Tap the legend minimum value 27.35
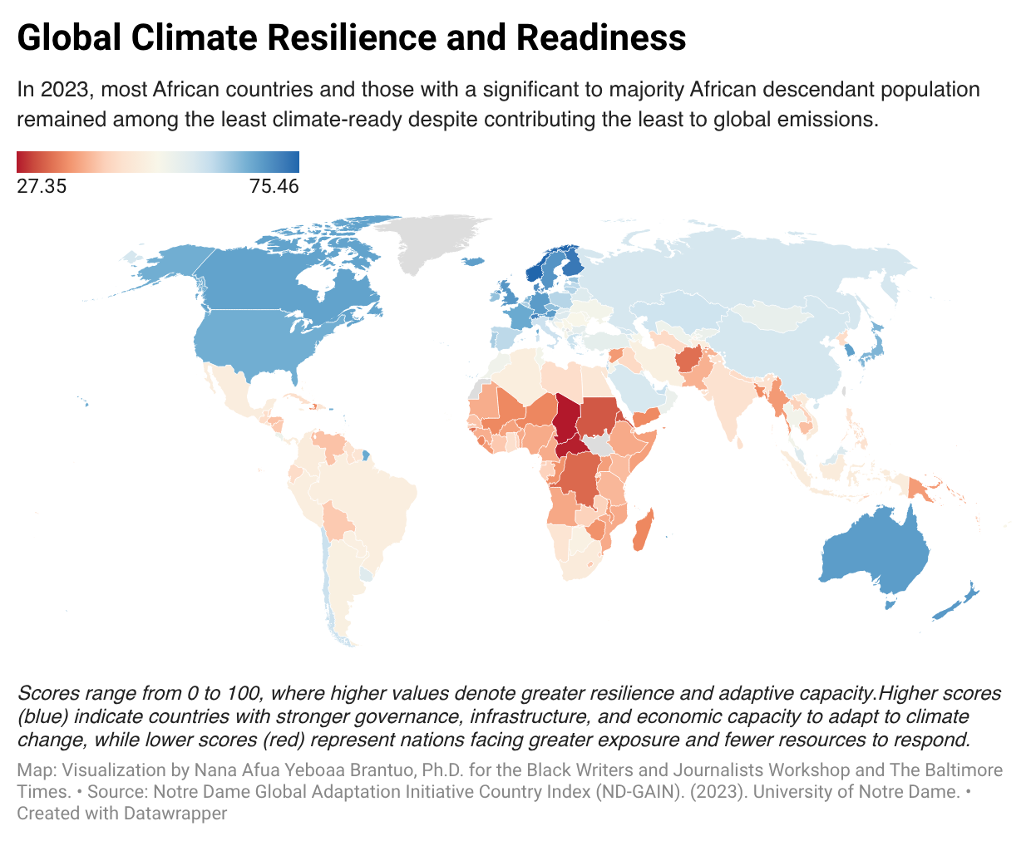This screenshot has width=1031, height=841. coord(42,186)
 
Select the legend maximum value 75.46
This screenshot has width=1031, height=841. coord(274,186)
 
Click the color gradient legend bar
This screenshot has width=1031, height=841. coord(158,161)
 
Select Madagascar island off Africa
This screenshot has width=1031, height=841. coord(643,532)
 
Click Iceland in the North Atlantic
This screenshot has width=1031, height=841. coord(472,262)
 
